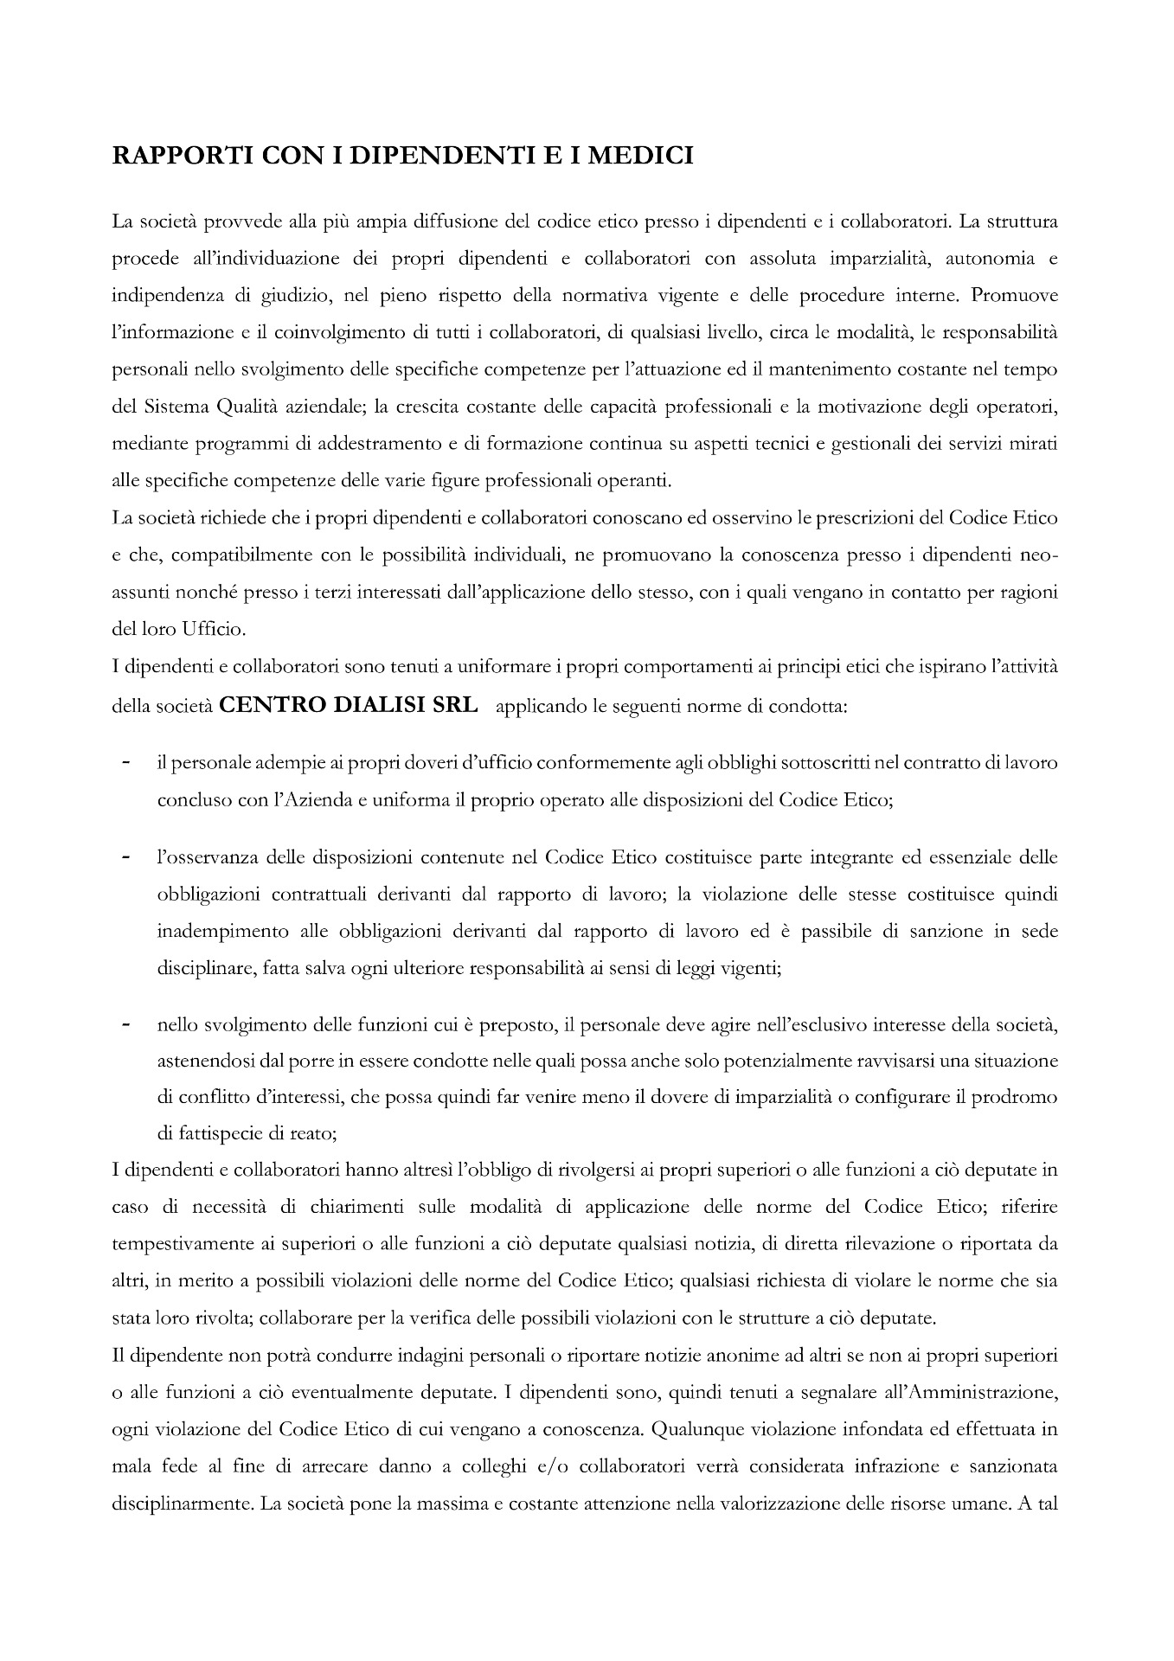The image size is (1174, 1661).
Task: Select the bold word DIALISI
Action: [x=381, y=705]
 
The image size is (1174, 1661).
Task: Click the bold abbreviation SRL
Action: [x=454, y=705]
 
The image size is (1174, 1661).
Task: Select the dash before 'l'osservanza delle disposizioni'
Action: [x=126, y=857]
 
